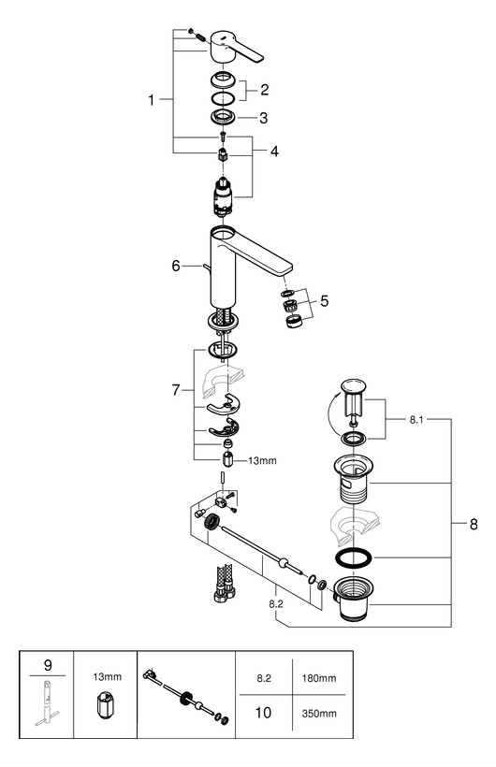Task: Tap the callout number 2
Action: [264, 90]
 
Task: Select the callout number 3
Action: [264, 118]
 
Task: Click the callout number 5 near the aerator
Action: [324, 301]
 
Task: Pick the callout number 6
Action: [175, 266]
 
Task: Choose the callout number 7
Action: [175, 387]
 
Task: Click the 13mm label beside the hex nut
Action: [261, 461]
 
